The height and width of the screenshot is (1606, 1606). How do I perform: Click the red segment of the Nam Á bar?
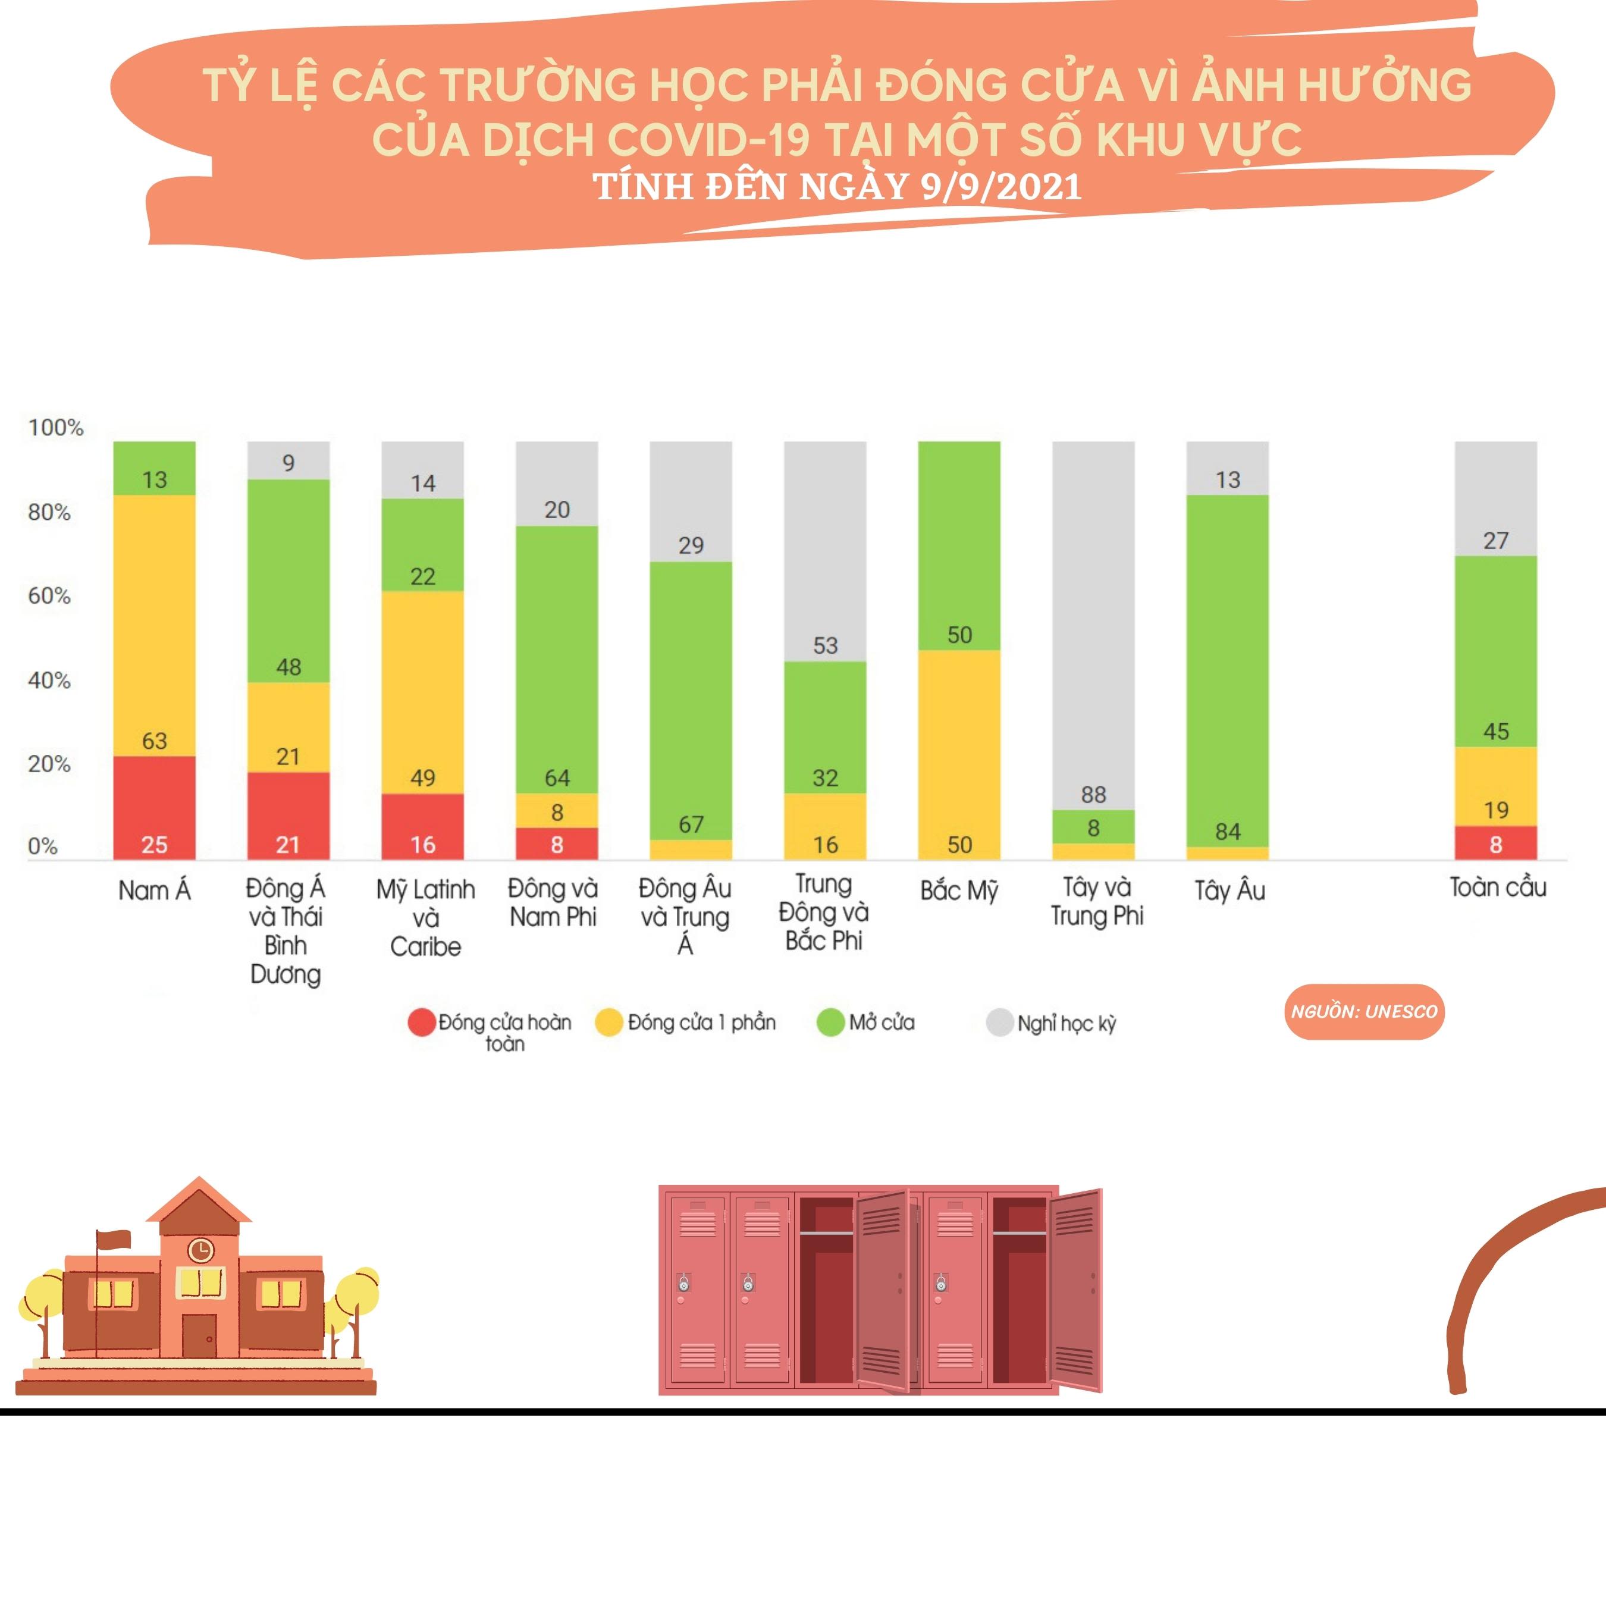[x=154, y=807]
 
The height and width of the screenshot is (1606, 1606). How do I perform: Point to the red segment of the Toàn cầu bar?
[x=1495, y=842]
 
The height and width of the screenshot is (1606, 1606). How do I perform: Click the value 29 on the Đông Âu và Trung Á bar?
[x=691, y=545]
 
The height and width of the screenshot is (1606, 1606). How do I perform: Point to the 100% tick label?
[x=56, y=427]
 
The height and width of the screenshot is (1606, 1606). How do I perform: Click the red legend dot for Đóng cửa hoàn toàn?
[x=422, y=1022]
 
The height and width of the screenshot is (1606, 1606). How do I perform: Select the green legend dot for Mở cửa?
[x=830, y=1022]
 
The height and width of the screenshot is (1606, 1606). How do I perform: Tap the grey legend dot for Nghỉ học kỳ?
[x=999, y=1022]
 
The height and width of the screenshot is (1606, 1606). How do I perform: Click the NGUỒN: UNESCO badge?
[x=1364, y=1012]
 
